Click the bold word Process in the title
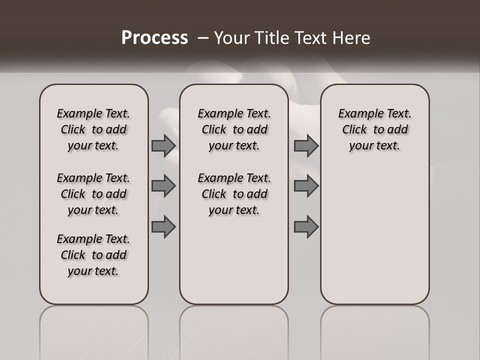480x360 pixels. pos(154,38)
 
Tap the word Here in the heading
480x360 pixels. pos(353,38)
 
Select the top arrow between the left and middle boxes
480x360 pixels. pos(163,145)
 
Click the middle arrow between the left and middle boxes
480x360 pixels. pos(163,186)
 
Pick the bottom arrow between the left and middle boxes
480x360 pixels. pos(163,227)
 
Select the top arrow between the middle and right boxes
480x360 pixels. pos(306,145)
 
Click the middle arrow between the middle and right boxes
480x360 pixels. pos(306,186)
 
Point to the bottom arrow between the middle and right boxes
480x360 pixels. pos(306,227)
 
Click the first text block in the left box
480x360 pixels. pos(93,129)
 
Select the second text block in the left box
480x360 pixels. pos(93,194)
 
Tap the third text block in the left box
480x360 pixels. pos(93,255)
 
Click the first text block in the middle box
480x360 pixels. pos(234,129)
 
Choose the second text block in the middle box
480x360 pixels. pos(234,194)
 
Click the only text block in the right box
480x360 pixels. pos(374,129)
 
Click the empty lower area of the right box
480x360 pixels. pos(374,235)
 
